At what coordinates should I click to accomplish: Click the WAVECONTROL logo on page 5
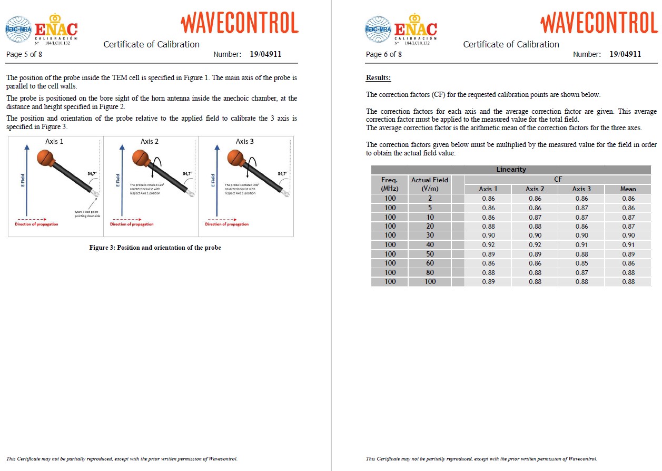click(x=239, y=23)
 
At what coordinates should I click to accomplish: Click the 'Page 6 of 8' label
click(x=383, y=54)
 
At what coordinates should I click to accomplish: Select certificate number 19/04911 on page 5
click(x=265, y=54)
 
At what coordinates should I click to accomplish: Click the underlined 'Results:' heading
click(x=378, y=78)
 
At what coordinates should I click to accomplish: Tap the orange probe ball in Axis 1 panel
click(x=45, y=158)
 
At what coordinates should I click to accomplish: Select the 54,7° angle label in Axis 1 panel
click(x=92, y=173)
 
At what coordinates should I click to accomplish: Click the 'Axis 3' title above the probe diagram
click(x=244, y=141)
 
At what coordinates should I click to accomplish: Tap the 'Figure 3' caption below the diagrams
click(x=155, y=248)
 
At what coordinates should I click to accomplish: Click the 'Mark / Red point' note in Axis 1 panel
click(x=87, y=213)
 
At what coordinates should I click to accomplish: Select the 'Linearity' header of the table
click(x=511, y=170)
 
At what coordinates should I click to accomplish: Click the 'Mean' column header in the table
click(x=628, y=189)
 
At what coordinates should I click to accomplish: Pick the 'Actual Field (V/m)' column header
click(x=430, y=184)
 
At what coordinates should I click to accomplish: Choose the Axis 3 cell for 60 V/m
click(x=581, y=263)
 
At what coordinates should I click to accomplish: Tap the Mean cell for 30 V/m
click(x=628, y=235)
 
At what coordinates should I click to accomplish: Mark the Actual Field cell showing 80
click(x=430, y=272)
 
